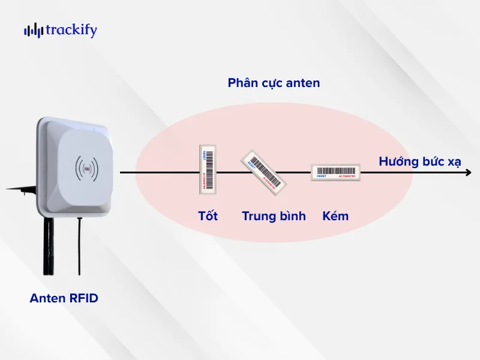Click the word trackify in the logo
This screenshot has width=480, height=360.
point(70,30)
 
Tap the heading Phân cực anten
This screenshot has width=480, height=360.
point(274,83)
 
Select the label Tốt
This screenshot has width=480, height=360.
point(208,216)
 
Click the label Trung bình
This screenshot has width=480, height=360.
point(274,216)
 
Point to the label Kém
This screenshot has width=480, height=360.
point(335,216)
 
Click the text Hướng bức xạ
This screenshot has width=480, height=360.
point(419,161)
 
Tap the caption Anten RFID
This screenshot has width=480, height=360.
point(64,298)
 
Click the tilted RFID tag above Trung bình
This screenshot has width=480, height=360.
point(262,172)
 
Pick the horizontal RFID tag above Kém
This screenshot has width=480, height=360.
point(335,172)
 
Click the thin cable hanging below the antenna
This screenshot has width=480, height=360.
point(79,246)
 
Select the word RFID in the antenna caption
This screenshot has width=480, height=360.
point(83,298)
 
